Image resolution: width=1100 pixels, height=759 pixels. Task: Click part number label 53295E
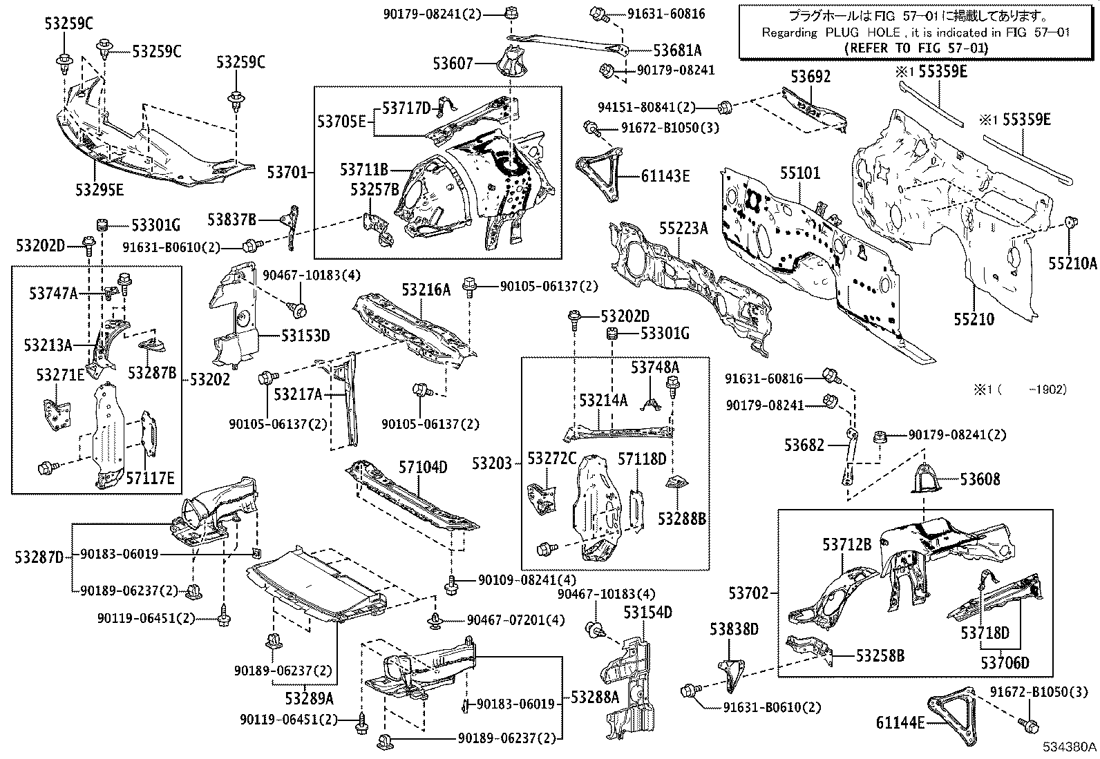coord(100,189)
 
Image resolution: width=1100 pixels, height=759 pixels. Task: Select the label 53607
coord(453,64)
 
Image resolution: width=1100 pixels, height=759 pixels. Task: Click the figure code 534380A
coord(1070,747)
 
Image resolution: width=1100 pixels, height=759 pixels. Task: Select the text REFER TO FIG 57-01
coord(916,48)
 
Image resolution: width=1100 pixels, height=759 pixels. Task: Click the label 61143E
coord(665,176)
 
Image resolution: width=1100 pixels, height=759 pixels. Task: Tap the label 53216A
coord(426,289)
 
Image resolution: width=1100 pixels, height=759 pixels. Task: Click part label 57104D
coord(422,468)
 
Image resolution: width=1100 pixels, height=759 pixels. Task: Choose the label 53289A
coord(310,697)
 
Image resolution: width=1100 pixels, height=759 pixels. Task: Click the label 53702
coord(748,593)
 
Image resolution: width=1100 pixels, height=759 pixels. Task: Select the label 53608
coord(979,479)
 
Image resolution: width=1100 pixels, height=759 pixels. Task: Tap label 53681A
coord(678,50)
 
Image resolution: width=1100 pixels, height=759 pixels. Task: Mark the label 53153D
coord(305,336)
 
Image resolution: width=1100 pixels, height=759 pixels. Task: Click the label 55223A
coord(683,227)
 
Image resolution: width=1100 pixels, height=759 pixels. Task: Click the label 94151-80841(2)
coord(646,107)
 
